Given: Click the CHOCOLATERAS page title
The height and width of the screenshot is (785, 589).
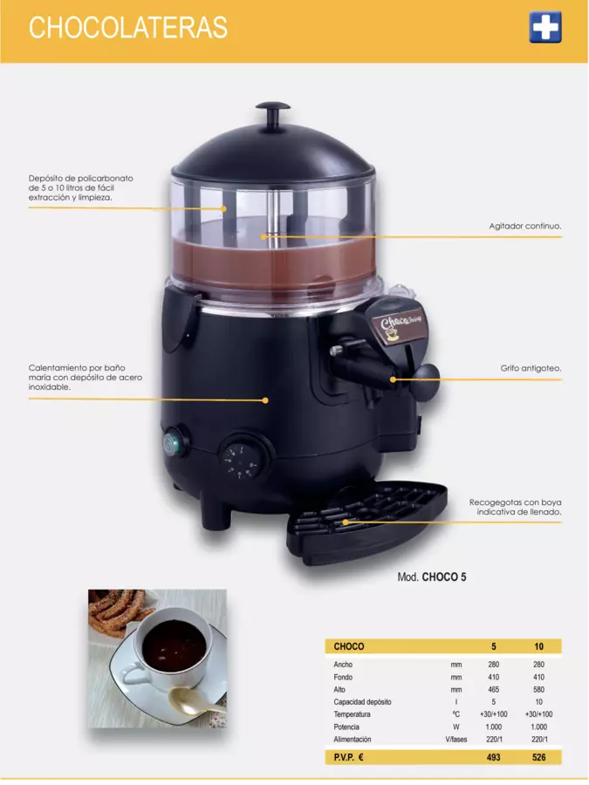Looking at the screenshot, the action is click(x=127, y=28).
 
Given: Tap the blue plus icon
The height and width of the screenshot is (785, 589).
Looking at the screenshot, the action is click(x=544, y=27).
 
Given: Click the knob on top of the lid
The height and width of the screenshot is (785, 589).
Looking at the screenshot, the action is click(x=272, y=113).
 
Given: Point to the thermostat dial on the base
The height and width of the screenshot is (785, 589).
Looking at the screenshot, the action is click(x=240, y=460).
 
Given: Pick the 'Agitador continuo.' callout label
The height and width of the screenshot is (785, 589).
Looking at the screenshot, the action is click(x=525, y=226).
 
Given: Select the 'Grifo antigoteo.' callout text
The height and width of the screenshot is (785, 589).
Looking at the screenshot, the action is click(x=531, y=368).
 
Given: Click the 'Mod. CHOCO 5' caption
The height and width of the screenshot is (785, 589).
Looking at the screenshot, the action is click(x=432, y=577).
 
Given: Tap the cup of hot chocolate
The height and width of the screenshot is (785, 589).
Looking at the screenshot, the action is click(x=173, y=651).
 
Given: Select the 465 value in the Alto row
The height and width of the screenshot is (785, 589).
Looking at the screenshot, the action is click(x=493, y=689).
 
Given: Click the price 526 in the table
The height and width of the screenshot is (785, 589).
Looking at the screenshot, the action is click(x=539, y=757).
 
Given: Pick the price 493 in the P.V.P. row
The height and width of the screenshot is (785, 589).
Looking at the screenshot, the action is click(x=493, y=757).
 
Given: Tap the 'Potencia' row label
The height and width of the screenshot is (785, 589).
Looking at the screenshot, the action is click(x=346, y=727).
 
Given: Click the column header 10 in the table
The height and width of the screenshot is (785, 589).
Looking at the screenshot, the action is click(x=539, y=646).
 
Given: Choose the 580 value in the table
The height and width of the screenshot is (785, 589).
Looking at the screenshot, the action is click(x=539, y=689).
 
